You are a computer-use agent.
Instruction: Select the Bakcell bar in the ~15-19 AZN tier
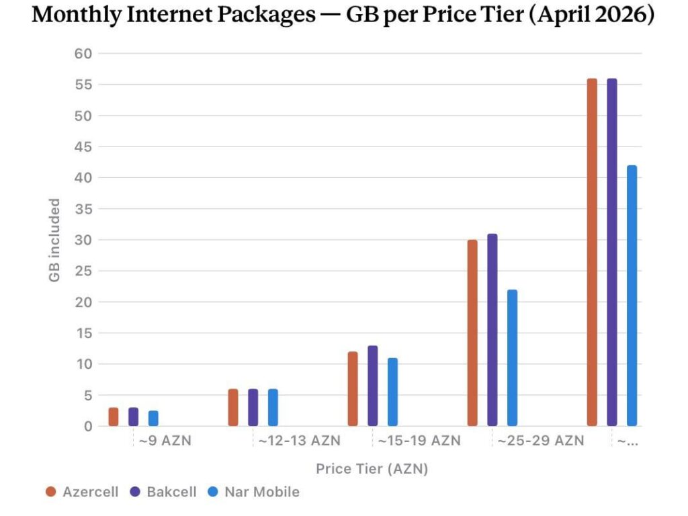coord(373,386)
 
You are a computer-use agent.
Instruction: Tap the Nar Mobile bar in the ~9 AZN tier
coord(153,418)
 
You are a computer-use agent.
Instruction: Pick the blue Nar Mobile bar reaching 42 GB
coord(632,296)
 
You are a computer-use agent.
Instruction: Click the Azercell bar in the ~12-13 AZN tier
coord(233,407)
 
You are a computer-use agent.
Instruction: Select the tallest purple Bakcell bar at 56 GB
coord(611,252)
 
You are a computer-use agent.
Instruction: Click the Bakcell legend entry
coord(164,492)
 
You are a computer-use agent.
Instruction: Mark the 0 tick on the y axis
coord(87,426)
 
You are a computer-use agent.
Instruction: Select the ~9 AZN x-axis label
coord(165,441)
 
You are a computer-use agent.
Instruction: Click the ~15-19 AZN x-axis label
coord(419,441)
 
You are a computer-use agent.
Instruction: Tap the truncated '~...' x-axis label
coord(627,441)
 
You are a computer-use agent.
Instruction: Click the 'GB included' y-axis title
coord(55,240)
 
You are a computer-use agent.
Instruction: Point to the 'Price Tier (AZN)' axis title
coord(372,468)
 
